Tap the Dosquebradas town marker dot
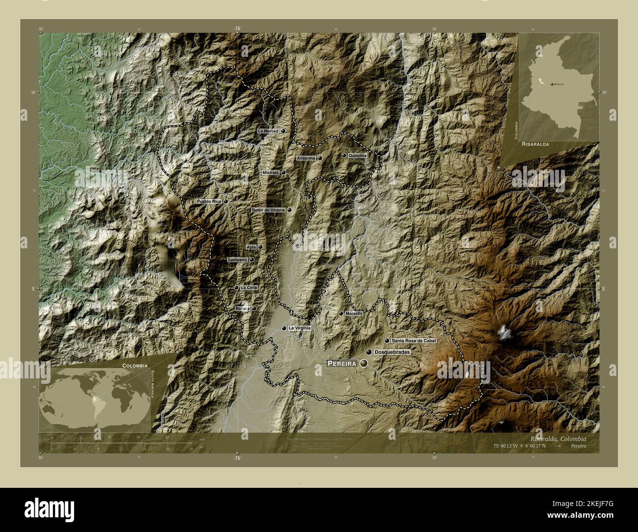coord(369,352)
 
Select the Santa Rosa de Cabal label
coord(414,340)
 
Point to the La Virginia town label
coord(299,328)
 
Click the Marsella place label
coord(354,313)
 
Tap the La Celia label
coord(249,288)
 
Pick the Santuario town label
coord(238,260)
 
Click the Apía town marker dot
coord(260,247)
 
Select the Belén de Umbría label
coord(267,210)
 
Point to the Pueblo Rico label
coord(210,201)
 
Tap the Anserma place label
coord(305,159)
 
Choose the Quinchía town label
coord(357,156)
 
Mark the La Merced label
coord(268,131)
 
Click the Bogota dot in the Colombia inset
coord(552,84)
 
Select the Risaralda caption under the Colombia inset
coord(535,145)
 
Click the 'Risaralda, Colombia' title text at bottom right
coord(558,438)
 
